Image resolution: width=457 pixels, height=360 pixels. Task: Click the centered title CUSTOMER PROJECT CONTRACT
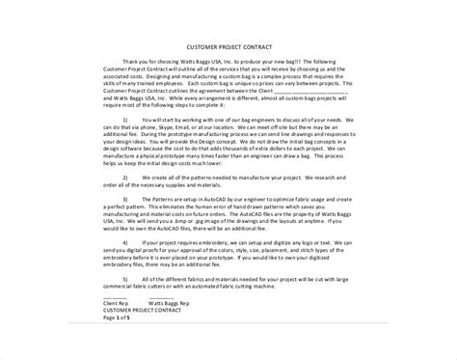pyautogui.click(x=228, y=46)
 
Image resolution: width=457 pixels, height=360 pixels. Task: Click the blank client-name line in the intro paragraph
pyautogui.click(x=313, y=86)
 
